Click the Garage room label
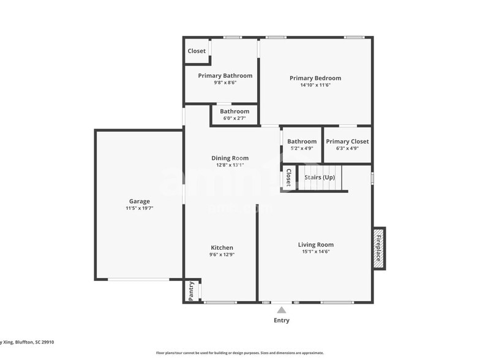(x=139, y=201)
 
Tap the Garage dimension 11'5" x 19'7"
(x=139, y=208)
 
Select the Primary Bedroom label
(x=315, y=78)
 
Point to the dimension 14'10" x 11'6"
(x=315, y=85)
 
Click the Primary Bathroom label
(x=225, y=75)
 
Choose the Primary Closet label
(x=347, y=141)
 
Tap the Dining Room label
(x=230, y=158)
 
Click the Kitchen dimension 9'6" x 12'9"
(x=221, y=255)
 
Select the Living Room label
(x=316, y=244)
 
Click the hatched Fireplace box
(x=379, y=249)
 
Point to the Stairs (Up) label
(x=320, y=178)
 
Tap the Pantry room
(x=192, y=290)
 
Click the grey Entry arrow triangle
(x=282, y=310)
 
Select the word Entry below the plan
(x=282, y=320)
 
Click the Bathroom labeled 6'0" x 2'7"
(x=234, y=114)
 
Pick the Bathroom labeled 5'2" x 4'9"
(x=302, y=144)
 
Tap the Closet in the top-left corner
(x=197, y=51)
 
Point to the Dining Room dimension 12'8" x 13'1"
(x=230, y=165)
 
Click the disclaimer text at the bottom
(x=239, y=353)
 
